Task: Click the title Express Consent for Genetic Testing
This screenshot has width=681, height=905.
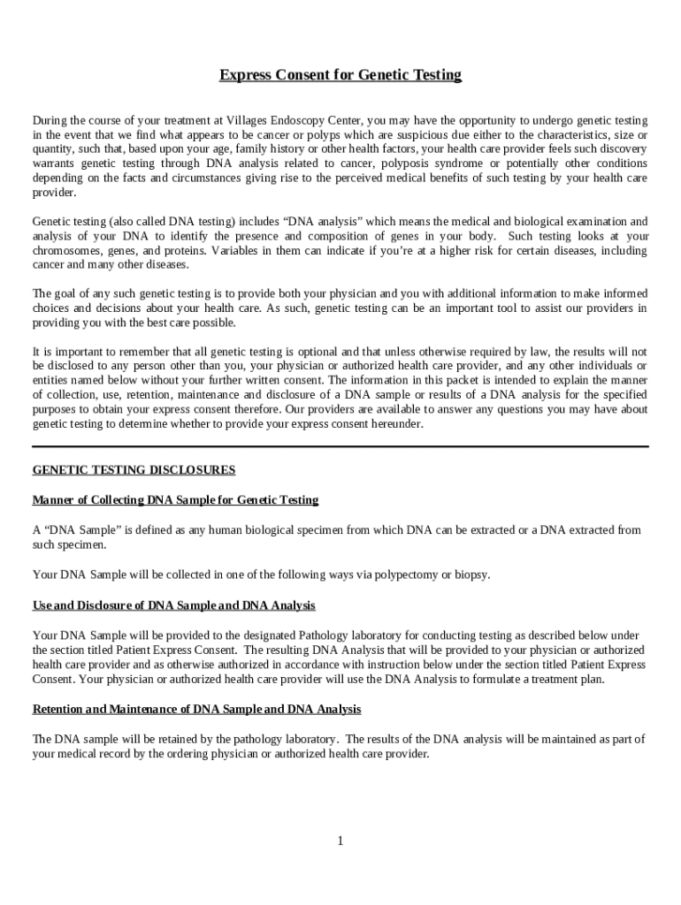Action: pyautogui.click(x=340, y=75)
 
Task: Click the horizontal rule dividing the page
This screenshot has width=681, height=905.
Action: pyautogui.click(x=340, y=447)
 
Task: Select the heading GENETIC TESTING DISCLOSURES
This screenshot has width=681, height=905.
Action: pyautogui.click(x=134, y=469)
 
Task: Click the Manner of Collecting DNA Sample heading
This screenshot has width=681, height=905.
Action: pyautogui.click(x=175, y=500)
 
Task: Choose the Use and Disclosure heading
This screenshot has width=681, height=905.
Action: pyautogui.click(x=173, y=605)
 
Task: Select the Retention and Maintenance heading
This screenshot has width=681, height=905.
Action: pyautogui.click(x=196, y=710)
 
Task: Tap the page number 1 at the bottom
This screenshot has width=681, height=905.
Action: pyautogui.click(x=340, y=840)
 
